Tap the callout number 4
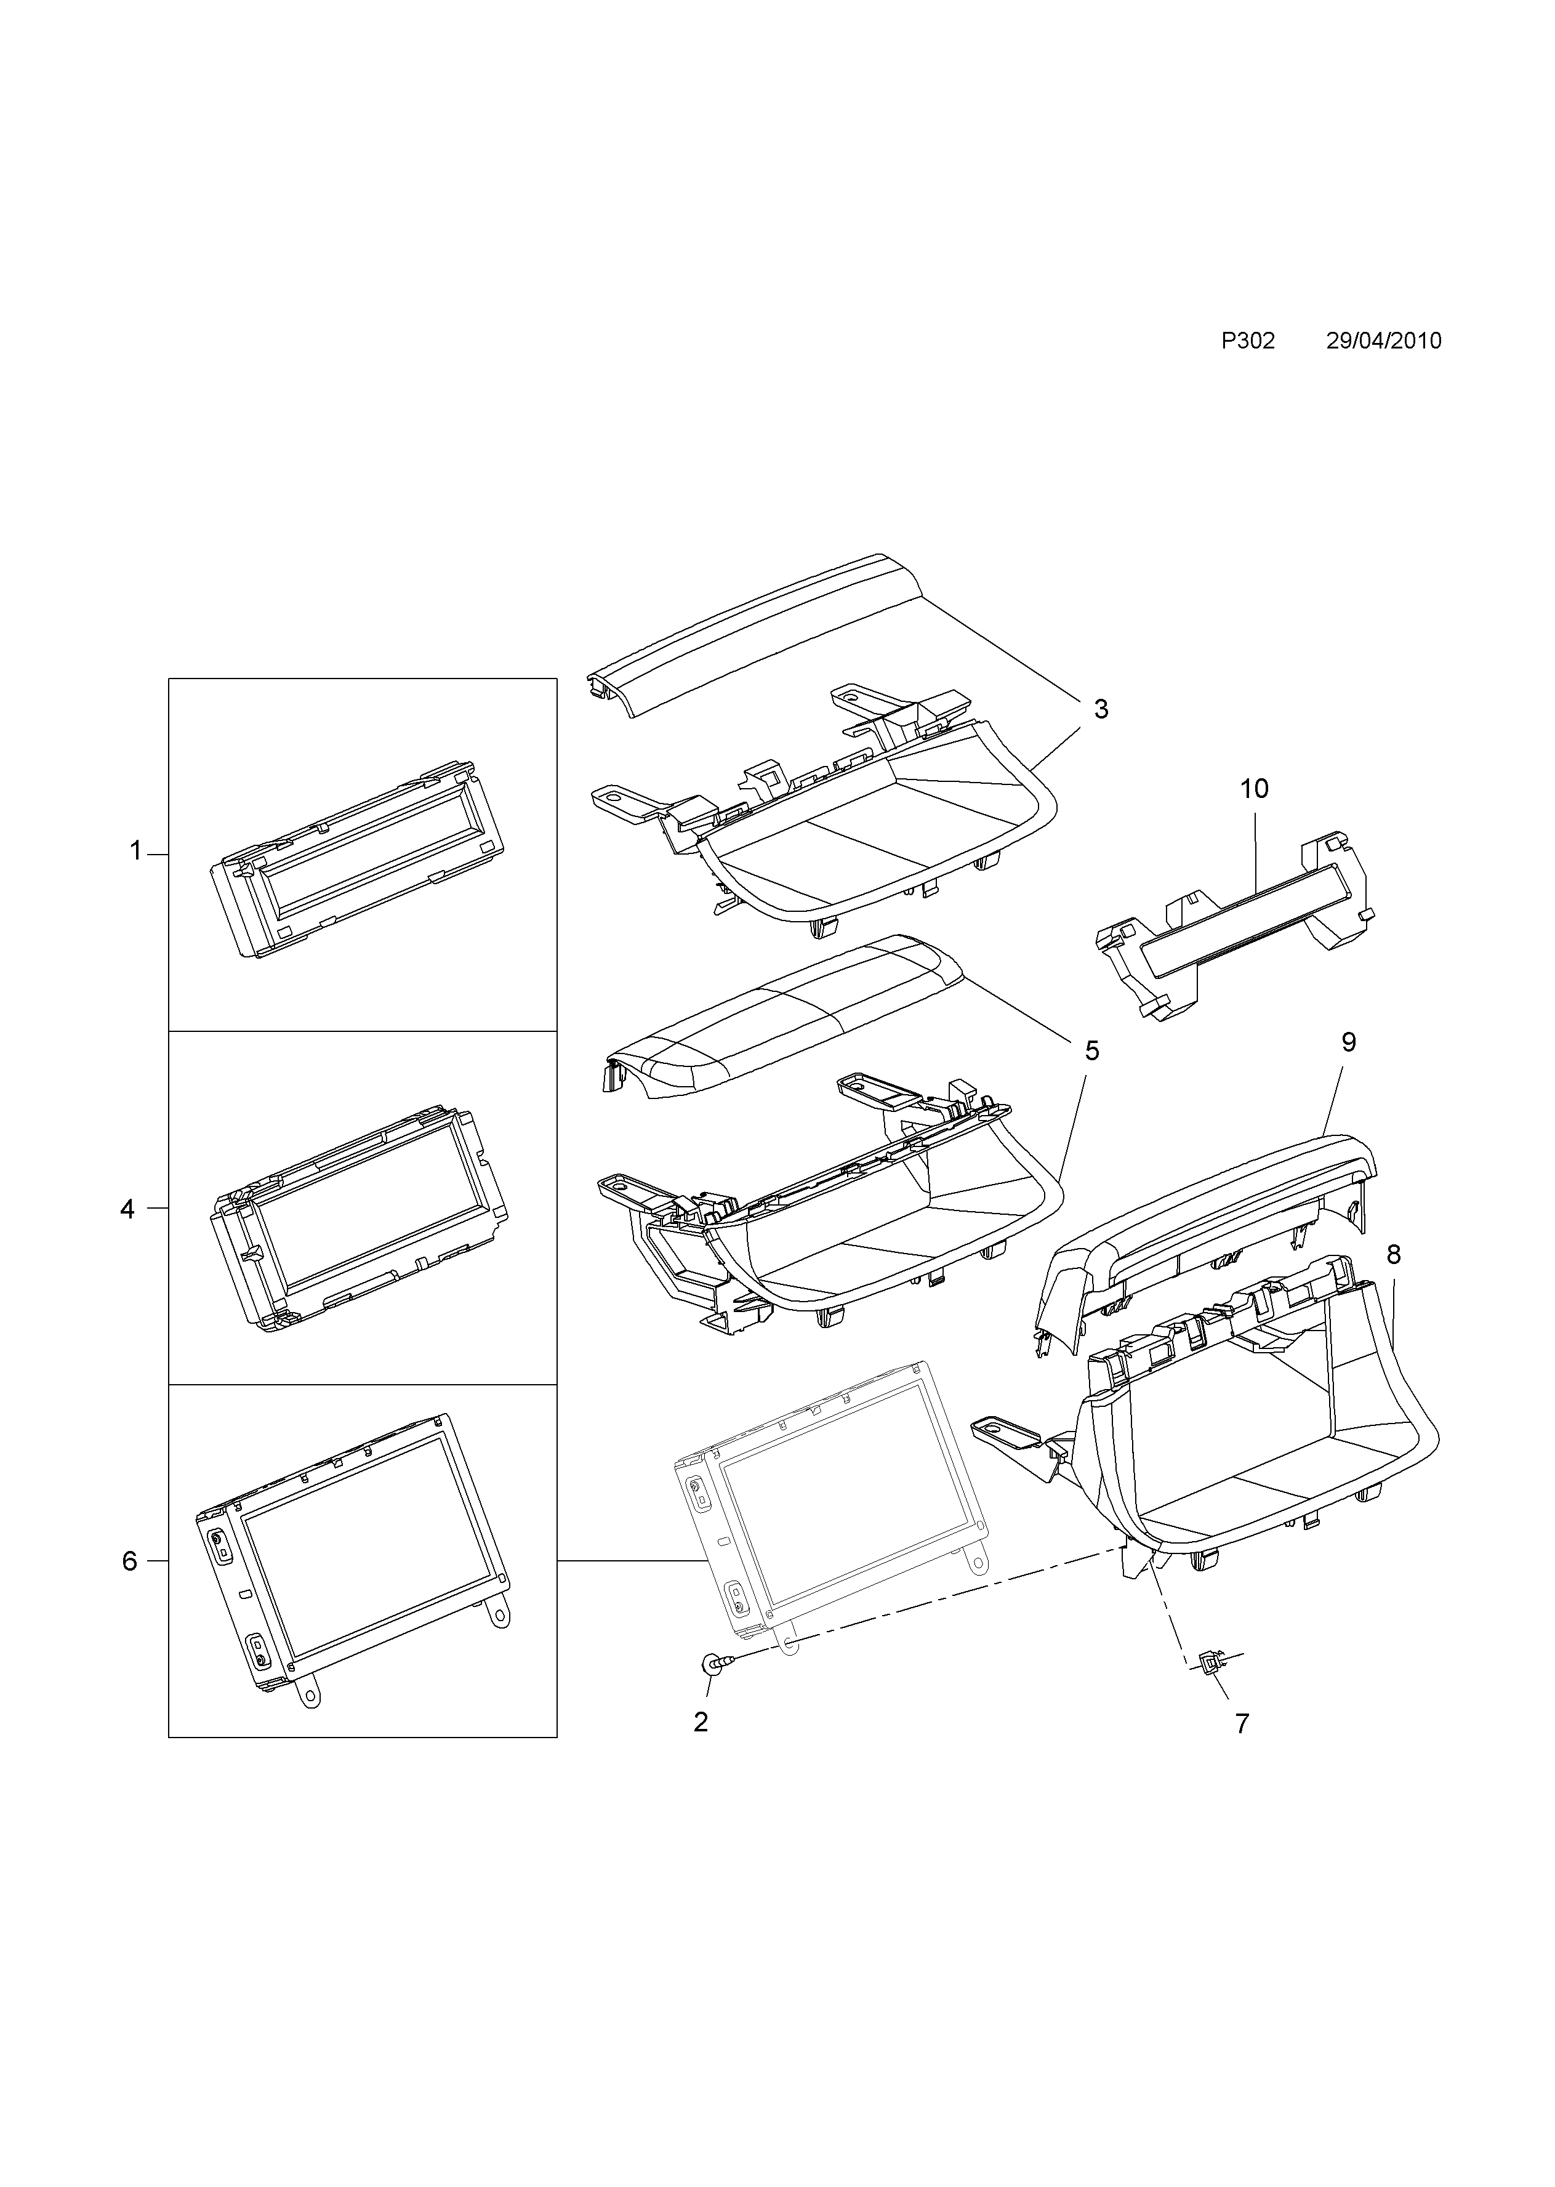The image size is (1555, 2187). click(127, 1209)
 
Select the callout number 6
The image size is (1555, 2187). click(129, 1561)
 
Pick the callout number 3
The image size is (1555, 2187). click(1101, 709)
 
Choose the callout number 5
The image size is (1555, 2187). click(1091, 1052)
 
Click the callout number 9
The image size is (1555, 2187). click(1349, 1043)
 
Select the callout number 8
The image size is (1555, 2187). click(1393, 1254)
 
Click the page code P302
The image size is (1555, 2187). click(1248, 342)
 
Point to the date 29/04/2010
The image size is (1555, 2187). click(1384, 342)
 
